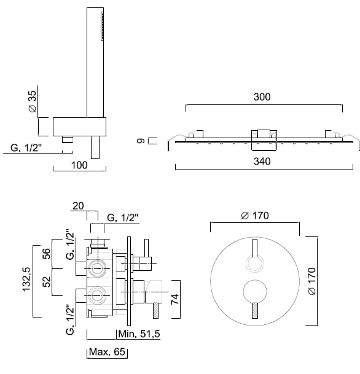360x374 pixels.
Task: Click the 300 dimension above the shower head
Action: coord(262,97)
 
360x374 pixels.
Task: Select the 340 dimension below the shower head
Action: coord(262,162)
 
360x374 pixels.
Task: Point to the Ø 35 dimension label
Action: coord(33,101)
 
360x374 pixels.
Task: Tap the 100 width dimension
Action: coord(79,165)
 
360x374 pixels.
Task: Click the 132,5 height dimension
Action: coord(26,279)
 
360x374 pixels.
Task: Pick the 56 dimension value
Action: coord(47,254)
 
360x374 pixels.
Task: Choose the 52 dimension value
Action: coord(47,281)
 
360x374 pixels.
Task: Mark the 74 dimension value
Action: coord(175,299)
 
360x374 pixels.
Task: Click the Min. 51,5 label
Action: coord(139,334)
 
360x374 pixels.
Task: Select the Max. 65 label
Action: coord(107,351)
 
